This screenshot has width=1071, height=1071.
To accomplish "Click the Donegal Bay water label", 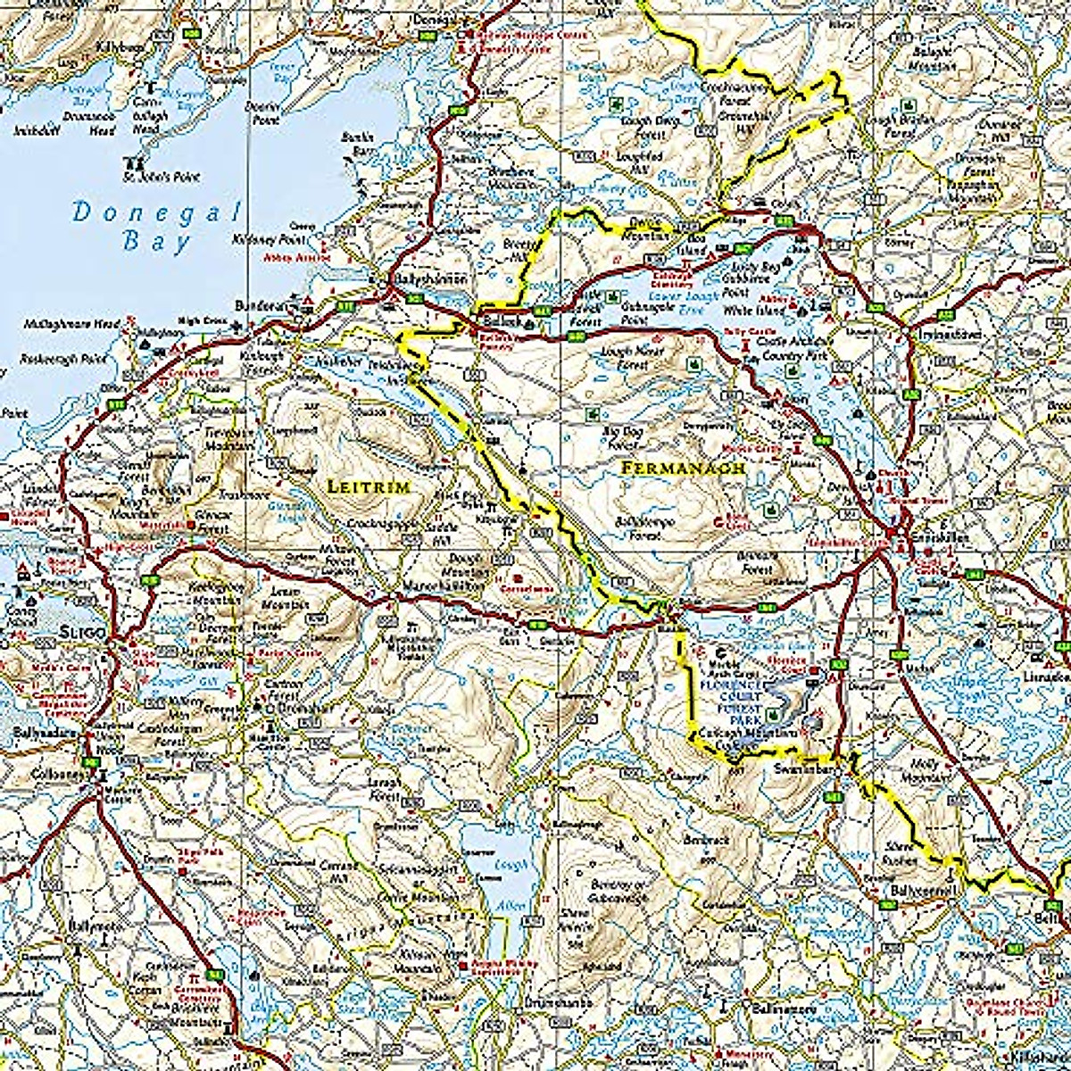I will (157, 227).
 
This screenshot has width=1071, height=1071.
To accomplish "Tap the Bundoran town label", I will (258, 305).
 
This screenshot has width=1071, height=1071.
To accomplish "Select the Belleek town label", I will (497, 320).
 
